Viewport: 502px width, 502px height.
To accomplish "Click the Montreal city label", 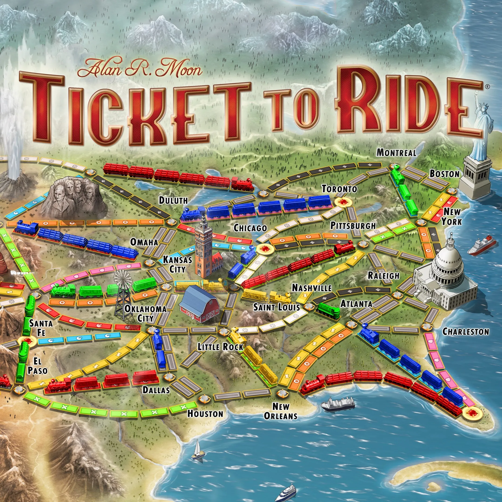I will coord(396,153).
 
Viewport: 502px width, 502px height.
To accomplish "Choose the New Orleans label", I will coord(281,411).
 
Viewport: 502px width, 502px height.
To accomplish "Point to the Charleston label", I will coord(466,332).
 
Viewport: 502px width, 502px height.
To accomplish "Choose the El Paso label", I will coord(37,366).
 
